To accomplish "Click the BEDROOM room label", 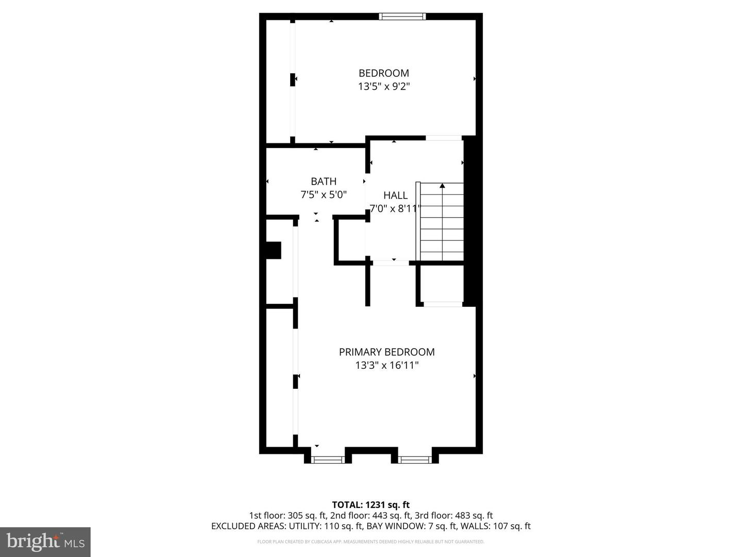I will click(x=384, y=73).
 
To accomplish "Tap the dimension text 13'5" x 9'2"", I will click(x=384, y=87).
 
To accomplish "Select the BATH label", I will click(x=324, y=182).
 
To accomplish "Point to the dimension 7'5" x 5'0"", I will click(x=324, y=195).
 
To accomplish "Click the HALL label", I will click(x=395, y=195).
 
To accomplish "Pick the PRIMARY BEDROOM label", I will click(x=386, y=352).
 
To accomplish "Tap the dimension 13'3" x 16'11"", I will click(x=386, y=366).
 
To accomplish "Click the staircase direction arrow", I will click(x=442, y=185).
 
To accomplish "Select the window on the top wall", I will click(x=402, y=17).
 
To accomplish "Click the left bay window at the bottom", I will click(x=328, y=460).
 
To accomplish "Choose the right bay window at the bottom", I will click(x=415, y=460).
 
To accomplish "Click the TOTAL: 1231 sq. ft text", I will click(x=370, y=505).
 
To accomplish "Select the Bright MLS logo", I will click(x=45, y=542).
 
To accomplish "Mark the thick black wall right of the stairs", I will click(x=469, y=222).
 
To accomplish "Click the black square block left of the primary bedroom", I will click(x=273, y=250).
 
